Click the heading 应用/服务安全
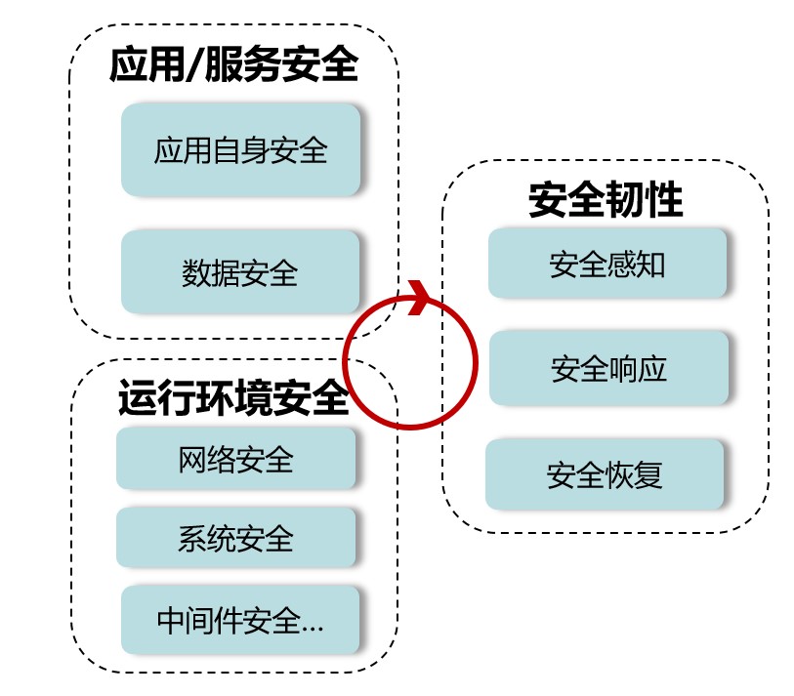233,66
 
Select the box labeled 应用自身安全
240,150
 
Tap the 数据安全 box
240,272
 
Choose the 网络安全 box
235,459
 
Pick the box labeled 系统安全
235,538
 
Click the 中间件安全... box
240,621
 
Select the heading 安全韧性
605,200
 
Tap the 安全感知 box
606,264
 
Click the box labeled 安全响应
608,368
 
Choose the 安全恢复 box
605,475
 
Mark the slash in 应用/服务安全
195,66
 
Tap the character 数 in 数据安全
196,272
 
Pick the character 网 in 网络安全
192,459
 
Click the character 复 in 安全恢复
648,475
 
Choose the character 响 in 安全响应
623,368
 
